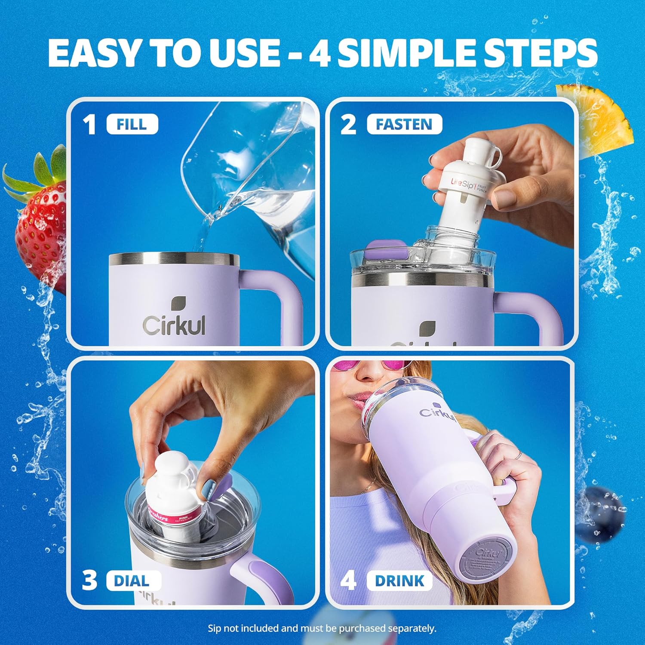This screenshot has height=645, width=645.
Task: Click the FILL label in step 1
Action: coord(132,125)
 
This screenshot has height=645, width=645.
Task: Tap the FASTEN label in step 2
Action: coord(404,125)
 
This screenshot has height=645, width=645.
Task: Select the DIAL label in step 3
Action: coord(131,581)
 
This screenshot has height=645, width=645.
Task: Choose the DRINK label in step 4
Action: coord(399,581)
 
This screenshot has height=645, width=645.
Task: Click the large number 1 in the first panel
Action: coord(89,125)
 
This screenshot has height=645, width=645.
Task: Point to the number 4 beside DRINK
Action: coord(348,581)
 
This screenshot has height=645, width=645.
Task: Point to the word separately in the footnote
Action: coord(411,628)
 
